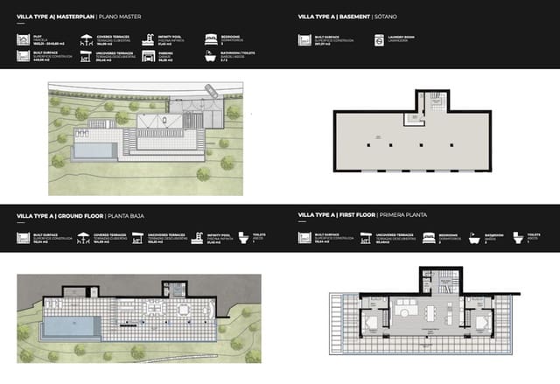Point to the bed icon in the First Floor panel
click(429, 237)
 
